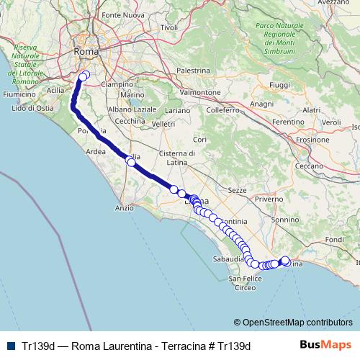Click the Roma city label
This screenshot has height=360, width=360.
86,52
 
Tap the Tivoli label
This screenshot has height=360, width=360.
169,27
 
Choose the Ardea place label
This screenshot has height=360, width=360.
95,152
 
